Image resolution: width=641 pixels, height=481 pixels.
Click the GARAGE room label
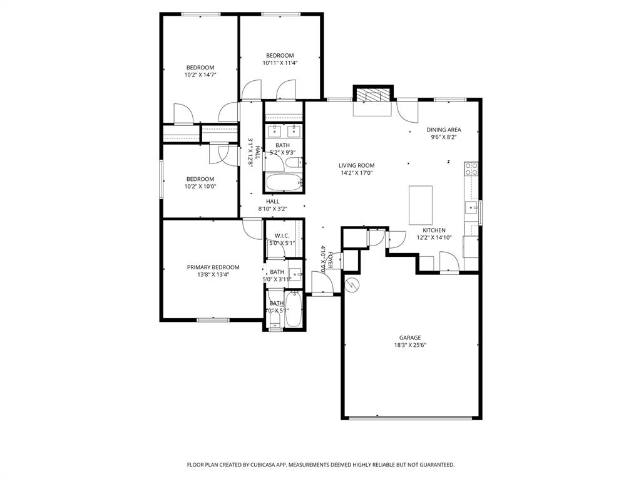pyautogui.click(x=410, y=338)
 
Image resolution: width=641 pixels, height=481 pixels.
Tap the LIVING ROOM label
pyautogui.click(x=356, y=165)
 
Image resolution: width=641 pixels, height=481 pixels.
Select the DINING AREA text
pyautogui.click(x=444, y=130)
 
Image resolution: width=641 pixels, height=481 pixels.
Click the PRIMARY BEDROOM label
pyautogui.click(x=213, y=267)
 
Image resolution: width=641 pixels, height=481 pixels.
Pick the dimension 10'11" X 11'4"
pyautogui.click(x=280, y=63)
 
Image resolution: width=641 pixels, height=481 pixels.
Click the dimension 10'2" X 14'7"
pyautogui.click(x=200, y=75)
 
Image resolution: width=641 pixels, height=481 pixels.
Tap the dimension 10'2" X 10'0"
pyautogui.click(x=200, y=186)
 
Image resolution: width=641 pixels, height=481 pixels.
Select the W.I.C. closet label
pyautogui.click(x=281, y=235)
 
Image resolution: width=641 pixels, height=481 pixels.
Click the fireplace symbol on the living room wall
pyautogui.click(x=373, y=95)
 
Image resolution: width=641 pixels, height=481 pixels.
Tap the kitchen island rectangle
pyautogui.click(x=421, y=205)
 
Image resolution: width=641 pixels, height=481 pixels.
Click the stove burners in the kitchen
pyautogui.click(x=471, y=168)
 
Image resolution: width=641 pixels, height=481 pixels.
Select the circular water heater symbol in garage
pyautogui.click(x=352, y=284)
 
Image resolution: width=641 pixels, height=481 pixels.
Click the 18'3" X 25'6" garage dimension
pyautogui.click(x=410, y=345)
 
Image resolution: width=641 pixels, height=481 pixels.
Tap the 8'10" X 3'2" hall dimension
pyautogui.click(x=272, y=209)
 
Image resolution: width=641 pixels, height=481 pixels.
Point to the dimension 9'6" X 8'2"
pyautogui.click(x=444, y=137)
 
